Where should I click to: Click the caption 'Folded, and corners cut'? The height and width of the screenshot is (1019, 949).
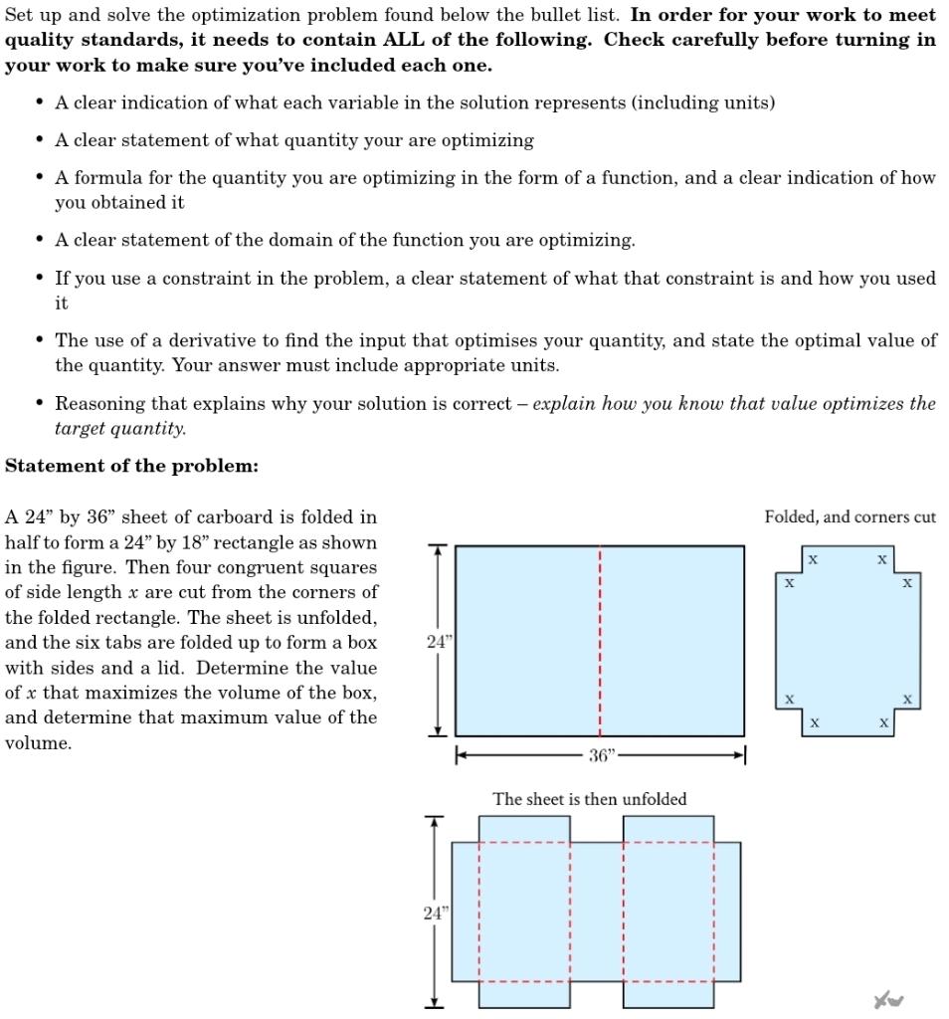click(x=850, y=516)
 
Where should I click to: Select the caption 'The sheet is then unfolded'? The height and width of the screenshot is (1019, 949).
click(x=589, y=799)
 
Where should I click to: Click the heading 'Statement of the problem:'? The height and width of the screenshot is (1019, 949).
click(x=131, y=466)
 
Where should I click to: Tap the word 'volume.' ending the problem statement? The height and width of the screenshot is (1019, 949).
click(x=38, y=742)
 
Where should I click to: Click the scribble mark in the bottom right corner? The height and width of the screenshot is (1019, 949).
click(x=887, y=999)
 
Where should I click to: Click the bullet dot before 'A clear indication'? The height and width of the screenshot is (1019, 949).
click(x=39, y=102)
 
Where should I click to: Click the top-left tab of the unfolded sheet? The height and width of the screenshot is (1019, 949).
click(x=524, y=829)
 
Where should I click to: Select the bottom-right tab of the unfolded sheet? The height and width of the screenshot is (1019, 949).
click(x=668, y=994)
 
